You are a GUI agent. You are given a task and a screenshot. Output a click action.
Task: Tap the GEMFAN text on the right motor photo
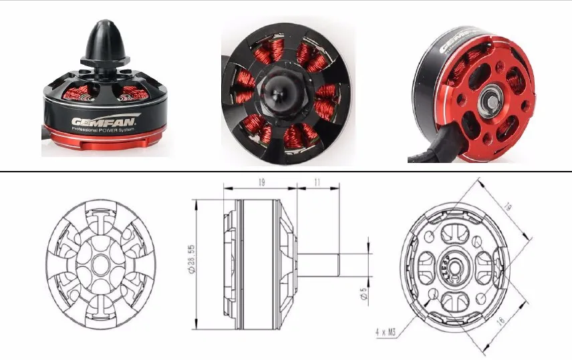[x=455, y=40]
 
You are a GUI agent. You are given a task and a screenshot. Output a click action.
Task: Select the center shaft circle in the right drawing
[x=454, y=268]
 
